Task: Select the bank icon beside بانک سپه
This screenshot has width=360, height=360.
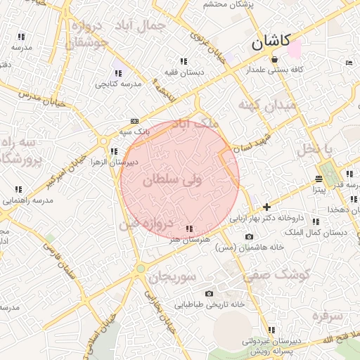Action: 134,122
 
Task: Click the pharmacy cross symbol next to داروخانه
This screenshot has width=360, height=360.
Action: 266,207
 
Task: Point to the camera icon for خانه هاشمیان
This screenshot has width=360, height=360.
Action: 249,236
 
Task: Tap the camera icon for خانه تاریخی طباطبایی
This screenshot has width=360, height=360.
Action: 209,293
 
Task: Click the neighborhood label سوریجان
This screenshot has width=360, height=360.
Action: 171,276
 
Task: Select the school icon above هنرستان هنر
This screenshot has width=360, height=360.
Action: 188,229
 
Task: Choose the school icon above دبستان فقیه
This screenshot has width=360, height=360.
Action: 184,61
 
